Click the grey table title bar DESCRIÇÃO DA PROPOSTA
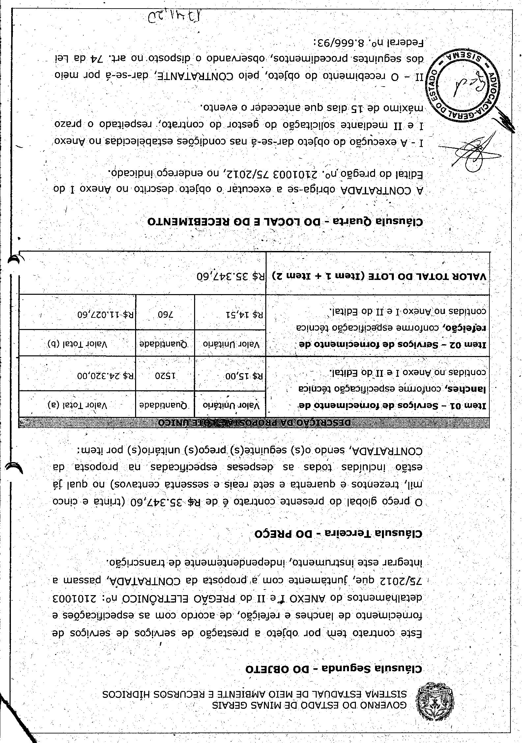click(254, 422)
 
